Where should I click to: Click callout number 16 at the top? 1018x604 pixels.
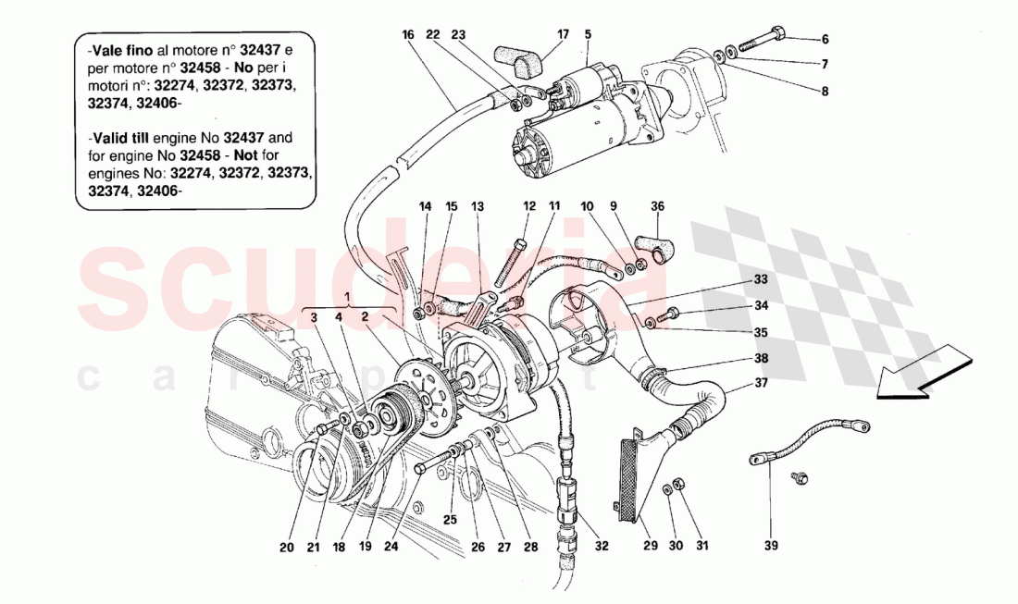tap(408, 35)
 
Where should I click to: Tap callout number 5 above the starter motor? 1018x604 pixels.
tap(587, 35)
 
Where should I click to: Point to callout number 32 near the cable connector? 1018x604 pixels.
tap(602, 546)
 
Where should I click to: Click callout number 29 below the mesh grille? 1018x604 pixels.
tap(650, 546)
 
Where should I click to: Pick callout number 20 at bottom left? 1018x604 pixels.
tap(287, 547)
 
